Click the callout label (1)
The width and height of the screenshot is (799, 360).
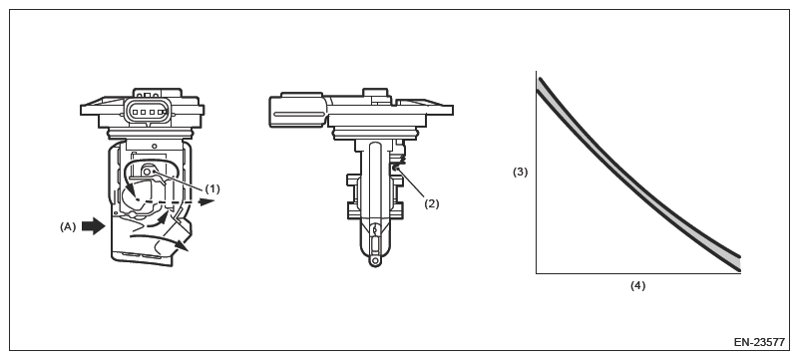coord(212,188)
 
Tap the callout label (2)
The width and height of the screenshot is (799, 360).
coord(432,203)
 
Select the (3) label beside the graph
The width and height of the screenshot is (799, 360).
coord(521,173)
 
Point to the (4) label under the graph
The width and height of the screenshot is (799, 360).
coord(638,285)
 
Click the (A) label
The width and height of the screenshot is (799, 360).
coord(68,227)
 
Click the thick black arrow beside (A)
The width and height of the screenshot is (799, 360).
coord(93,226)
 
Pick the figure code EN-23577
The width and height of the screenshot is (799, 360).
coord(759,342)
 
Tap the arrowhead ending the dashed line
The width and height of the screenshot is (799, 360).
coord(206,201)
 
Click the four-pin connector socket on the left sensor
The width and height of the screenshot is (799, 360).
coord(148,111)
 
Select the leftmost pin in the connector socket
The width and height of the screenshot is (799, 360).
coord(136,112)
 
